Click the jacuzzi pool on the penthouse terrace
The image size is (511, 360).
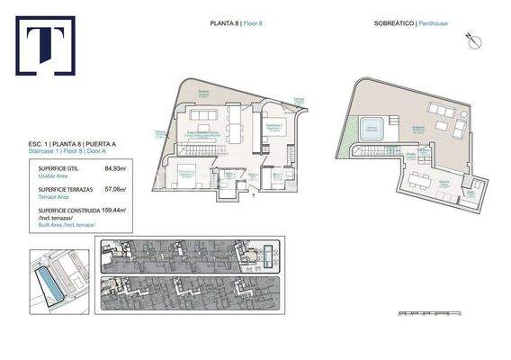pos(370,129)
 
